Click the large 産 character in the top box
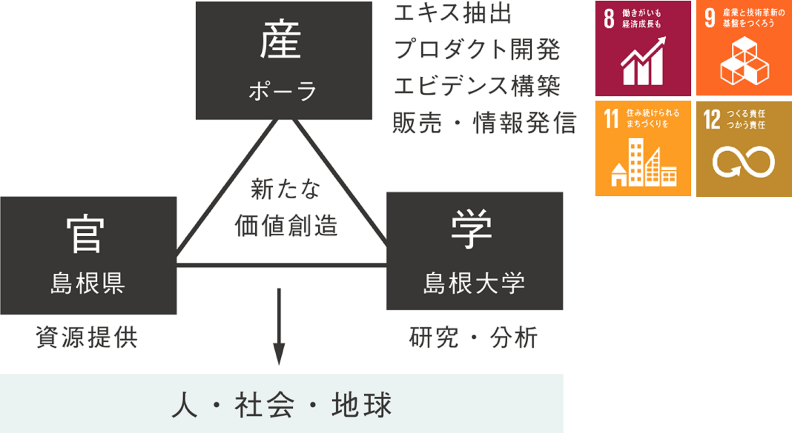[x=280, y=40]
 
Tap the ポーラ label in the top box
[x=282, y=91]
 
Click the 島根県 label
[x=88, y=283]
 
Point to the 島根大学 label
[x=474, y=283]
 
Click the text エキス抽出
[x=452, y=13]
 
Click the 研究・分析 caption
[x=473, y=338]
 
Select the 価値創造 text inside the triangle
[x=286, y=226]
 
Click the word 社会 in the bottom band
[x=265, y=405]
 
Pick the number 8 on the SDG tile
[x=609, y=18]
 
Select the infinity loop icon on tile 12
[x=743, y=162]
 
